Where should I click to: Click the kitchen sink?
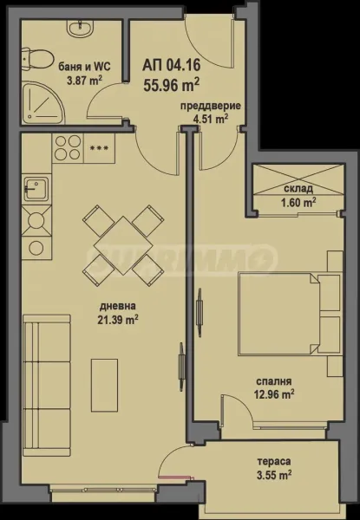pos(36,186)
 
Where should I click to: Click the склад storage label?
pos(298,189)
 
